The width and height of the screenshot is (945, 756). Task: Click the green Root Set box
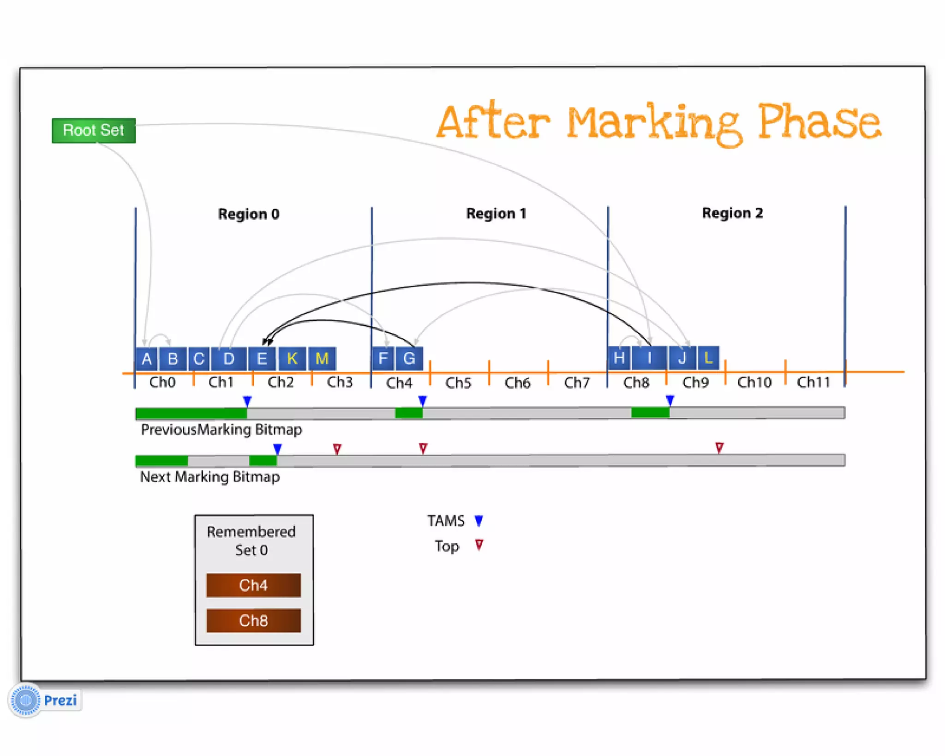[93, 131]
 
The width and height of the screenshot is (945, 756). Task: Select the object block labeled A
[147, 359]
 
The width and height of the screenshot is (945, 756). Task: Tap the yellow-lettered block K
[292, 359]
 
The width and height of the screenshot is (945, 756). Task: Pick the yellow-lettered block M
[322, 359]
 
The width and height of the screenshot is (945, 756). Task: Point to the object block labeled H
[619, 358]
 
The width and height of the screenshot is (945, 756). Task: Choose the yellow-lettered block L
[708, 358]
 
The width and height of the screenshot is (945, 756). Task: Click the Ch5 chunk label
[458, 383]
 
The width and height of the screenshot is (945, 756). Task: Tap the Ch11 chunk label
[813, 382]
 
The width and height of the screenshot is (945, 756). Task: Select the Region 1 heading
[496, 214]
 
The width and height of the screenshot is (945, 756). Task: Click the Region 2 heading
[732, 213]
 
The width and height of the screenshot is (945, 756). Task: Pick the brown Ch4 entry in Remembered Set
[253, 585]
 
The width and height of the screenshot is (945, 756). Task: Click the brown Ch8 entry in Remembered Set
[253, 621]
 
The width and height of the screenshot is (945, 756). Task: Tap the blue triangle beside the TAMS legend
[478, 521]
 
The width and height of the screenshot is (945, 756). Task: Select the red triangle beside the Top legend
[479, 545]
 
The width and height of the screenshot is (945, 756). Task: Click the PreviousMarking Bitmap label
[221, 430]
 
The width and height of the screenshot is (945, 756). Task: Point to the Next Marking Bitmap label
[209, 477]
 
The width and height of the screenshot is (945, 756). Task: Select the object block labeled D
[228, 359]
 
